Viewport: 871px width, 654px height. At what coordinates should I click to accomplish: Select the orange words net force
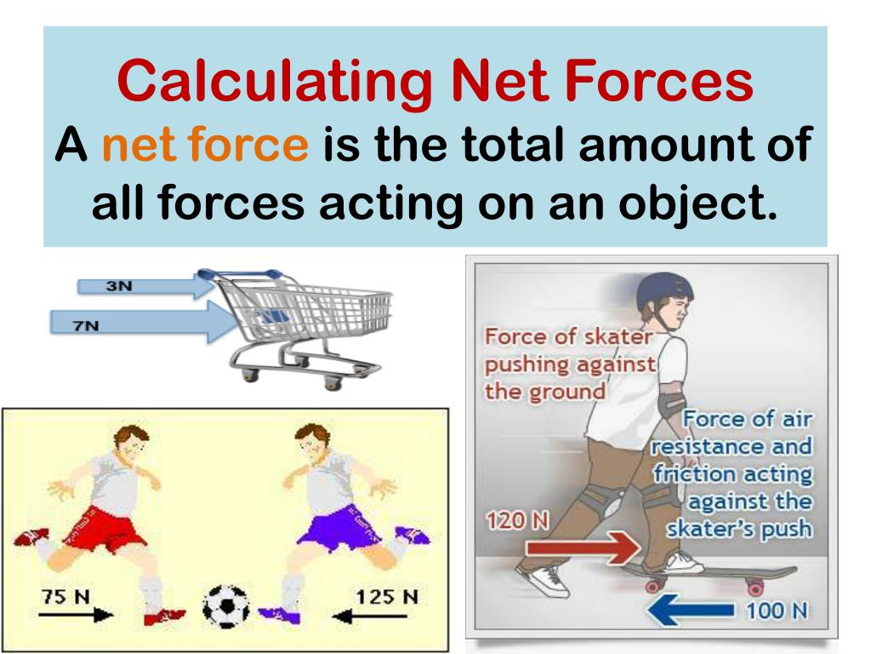[x=205, y=146]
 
